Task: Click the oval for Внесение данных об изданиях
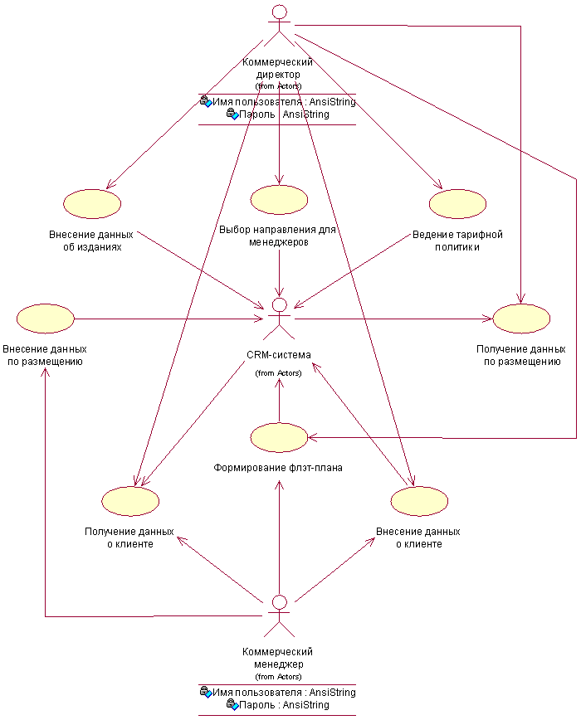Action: [92, 203]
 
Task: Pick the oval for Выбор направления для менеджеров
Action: [279, 199]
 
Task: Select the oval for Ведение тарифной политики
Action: [457, 203]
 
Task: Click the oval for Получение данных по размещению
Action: [521, 319]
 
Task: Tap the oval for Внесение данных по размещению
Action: [45, 319]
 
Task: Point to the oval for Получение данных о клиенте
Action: [129, 501]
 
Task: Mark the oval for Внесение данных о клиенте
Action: [418, 501]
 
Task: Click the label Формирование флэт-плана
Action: [278, 468]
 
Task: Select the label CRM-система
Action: [279, 355]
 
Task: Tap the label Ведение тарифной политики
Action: [457, 241]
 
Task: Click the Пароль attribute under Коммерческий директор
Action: [278, 114]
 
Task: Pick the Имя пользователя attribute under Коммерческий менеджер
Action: [278, 692]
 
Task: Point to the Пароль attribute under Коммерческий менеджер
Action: [278, 705]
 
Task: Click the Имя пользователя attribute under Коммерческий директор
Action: [278, 102]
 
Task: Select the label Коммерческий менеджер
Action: [278, 658]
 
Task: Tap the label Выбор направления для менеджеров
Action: [277, 236]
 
